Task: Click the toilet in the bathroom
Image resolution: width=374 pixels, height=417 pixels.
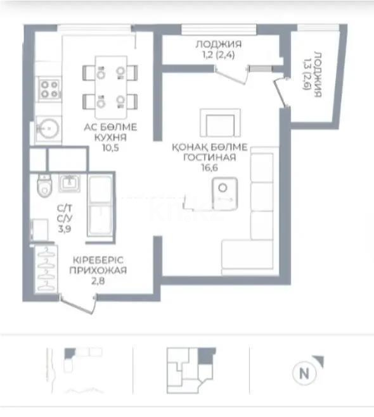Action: coord(44,187)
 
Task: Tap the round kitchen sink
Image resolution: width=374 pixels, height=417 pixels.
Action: coord(49,129)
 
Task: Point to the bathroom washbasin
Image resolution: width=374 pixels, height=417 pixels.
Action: coord(69,183)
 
